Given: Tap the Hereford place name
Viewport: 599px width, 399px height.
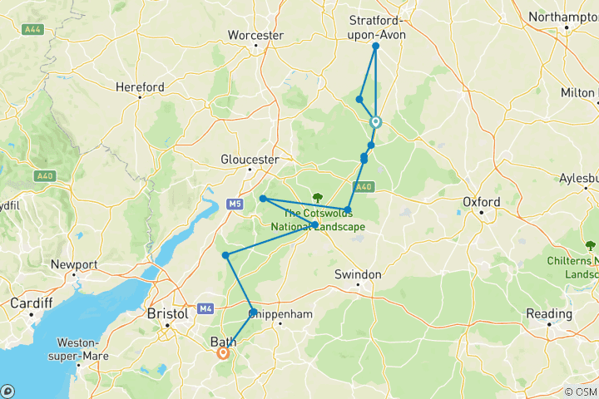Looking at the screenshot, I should coord(140,86).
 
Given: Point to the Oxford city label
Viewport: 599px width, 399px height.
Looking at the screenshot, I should coord(482,202).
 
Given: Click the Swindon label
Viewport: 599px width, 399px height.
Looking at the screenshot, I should coord(358,274).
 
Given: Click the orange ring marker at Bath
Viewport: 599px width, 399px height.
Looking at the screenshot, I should coord(223,352).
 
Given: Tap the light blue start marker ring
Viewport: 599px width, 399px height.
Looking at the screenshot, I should coord(375,122).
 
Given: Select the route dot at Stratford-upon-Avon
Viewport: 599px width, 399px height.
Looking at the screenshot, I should coord(376,47).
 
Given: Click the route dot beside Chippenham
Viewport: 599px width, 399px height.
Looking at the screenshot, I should coord(253,313).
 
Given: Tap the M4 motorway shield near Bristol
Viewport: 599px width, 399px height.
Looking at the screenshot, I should coord(205,308).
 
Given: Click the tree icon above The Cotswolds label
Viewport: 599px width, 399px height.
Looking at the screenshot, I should coord(317,197).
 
